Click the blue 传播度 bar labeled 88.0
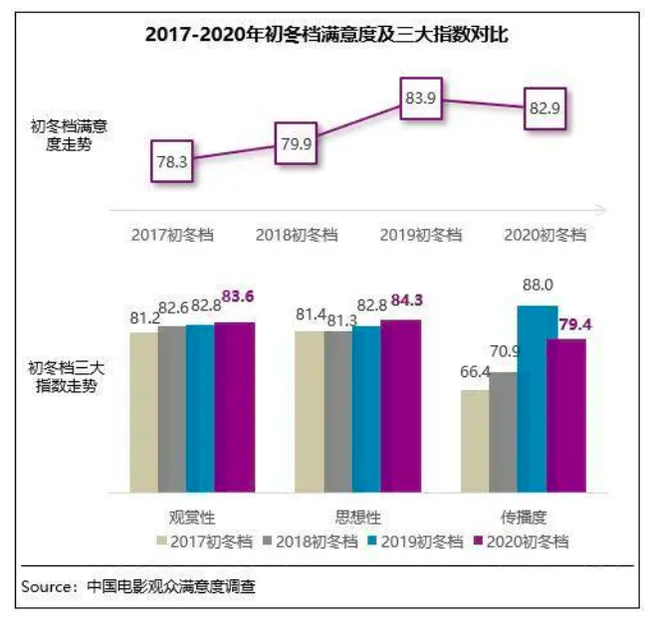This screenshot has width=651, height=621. coord(539,399)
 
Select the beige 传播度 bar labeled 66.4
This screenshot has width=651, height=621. coord(475,441)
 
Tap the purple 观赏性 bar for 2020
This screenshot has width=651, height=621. coord(235,407)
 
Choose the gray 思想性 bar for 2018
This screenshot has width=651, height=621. coord(338,412)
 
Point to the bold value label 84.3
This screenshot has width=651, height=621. coord(407,301)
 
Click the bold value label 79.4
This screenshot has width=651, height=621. coord(575,324)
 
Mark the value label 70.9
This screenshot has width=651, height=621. coord(505,351)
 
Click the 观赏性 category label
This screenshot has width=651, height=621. coord(192,517)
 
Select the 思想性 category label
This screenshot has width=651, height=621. coord(358,517)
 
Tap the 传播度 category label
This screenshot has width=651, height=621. coord(524,517)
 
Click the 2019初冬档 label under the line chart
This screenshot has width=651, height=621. coord(421,235)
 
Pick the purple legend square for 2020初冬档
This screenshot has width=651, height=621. coord(478,540)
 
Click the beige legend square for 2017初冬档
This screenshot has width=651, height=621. coord(161,540)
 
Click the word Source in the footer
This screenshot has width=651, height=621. coord(46,587)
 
